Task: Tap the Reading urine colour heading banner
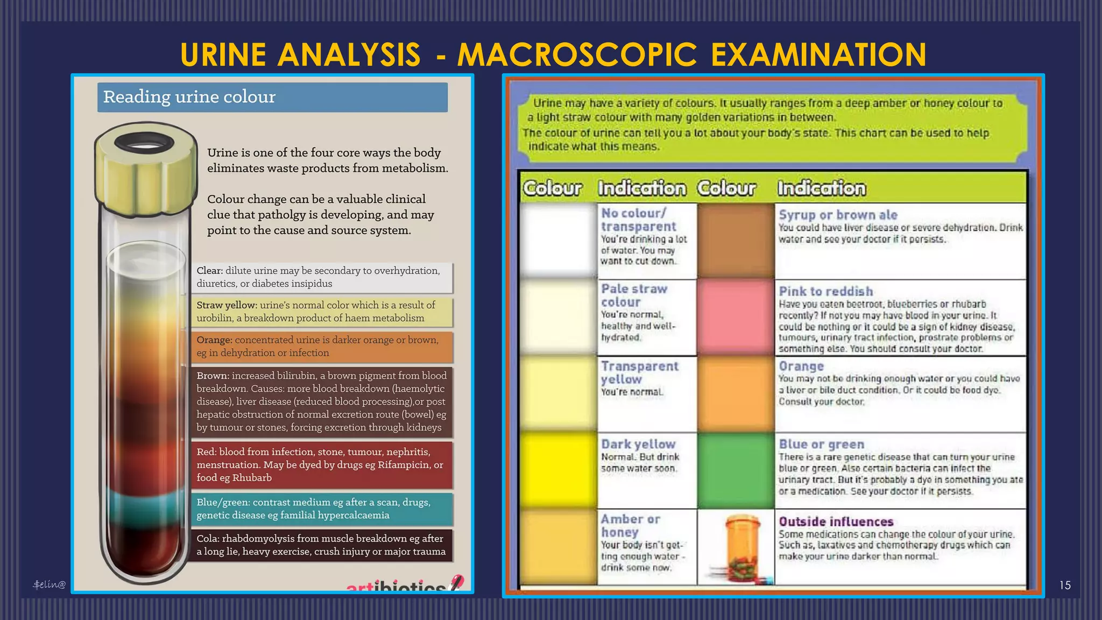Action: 272,97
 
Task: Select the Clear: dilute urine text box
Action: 322,277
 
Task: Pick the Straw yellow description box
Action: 322,312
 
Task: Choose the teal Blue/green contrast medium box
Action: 322,509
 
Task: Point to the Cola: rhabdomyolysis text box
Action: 322,545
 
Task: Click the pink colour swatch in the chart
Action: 736,317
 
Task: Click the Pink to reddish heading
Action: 826,291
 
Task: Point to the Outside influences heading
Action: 836,522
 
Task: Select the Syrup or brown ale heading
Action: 838,215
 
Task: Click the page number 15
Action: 1065,585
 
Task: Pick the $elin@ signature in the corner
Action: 49,584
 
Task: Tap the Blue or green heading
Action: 822,445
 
